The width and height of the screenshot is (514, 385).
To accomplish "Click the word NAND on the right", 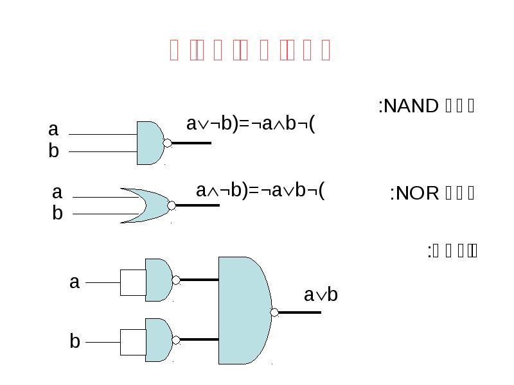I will click(x=408, y=106).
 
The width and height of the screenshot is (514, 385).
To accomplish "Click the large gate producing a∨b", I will click(x=243, y=311).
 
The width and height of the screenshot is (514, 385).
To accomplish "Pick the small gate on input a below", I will click(x=157, y=280).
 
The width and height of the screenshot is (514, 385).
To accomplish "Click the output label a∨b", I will click(x=321, y=295).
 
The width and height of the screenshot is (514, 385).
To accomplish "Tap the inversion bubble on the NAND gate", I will click(x=168, y=143).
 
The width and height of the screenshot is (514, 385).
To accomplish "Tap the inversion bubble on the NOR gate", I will click(x=172, y=206).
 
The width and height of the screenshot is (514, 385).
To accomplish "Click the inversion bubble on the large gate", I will click(x=274, y=312).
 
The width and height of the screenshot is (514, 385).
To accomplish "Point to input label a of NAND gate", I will click(x=53, y=130).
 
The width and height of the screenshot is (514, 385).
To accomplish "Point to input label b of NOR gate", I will click(x=57, y=214).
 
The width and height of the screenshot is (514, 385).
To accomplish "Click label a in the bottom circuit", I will click(x=75, y=282).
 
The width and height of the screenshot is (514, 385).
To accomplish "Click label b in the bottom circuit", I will click(x=75, y=341).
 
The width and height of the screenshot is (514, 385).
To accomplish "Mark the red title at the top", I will click(x=250, y=50).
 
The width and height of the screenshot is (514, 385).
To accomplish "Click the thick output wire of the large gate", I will click(x=300, y=312).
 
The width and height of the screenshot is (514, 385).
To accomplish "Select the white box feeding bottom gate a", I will click(x=133, y=282).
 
